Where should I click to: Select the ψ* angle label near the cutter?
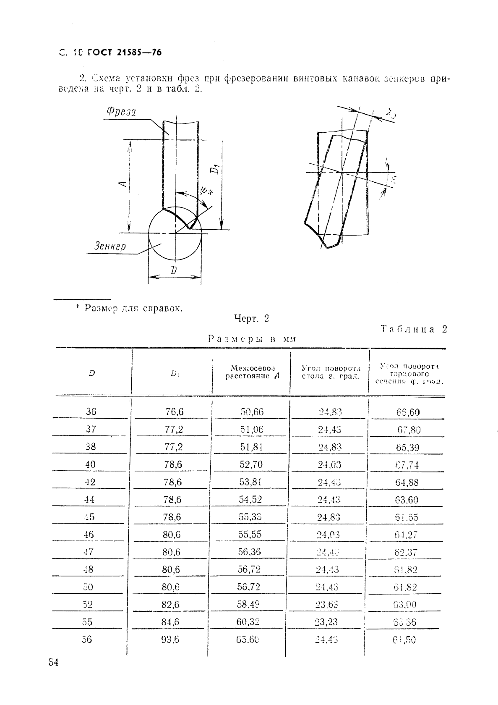tap(207, 191)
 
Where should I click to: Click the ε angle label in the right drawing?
tap(394, 180)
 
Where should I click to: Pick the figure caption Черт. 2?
tap(251, 319)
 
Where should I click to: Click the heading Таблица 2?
tap(414, 329)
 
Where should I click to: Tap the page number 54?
tap(53, 663)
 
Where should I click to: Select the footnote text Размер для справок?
tap(133, 308)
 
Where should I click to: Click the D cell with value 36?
tap(91, 412)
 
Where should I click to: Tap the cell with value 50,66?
tap(252, 412)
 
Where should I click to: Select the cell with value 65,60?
tap(248, 639)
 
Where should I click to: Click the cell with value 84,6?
tap(171, 622)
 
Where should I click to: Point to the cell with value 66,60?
tap(408, 412)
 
